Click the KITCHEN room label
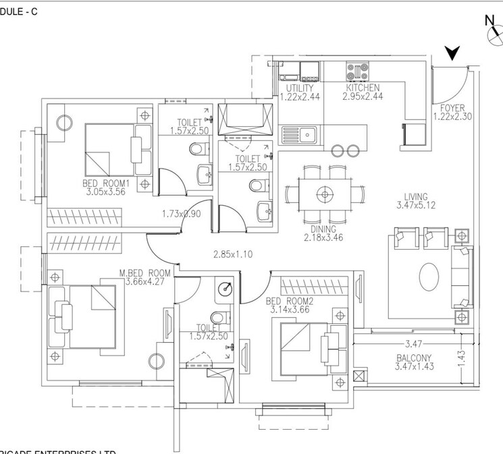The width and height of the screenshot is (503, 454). [x=363, y=88]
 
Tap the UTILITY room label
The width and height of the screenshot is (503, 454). [x=298, y=88]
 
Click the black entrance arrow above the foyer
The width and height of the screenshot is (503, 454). [x=452, y=53]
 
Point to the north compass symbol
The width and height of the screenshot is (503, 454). [x=493, y=33]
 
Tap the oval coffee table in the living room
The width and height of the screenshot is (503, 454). [x=429, y=276]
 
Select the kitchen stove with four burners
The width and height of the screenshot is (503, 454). [x=358, y=69]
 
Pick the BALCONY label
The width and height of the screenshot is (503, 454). [x=413, y=358]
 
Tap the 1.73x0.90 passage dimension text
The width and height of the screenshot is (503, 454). [x=182, y=214]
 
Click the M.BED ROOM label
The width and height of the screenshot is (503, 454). [x=144, y=273]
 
